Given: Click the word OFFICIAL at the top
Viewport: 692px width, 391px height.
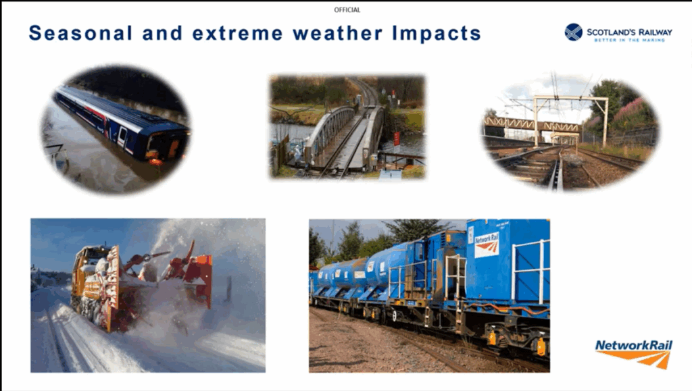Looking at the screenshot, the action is tap(347, 9).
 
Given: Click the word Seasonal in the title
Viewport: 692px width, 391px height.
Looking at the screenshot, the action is tap(80, 34).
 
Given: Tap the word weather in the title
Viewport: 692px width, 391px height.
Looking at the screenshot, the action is tap(337, 34).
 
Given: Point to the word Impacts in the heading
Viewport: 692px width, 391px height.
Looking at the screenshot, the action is tap(437, 34).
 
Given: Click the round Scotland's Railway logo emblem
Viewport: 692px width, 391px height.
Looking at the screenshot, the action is tap(573, 32).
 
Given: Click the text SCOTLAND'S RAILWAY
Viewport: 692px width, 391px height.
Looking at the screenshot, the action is tap(629, 32).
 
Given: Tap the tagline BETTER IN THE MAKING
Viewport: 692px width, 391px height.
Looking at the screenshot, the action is tap(629, 40).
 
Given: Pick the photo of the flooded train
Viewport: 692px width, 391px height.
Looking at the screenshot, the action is tap(116, 130).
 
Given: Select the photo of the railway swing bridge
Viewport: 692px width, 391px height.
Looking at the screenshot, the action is tap(347, 127).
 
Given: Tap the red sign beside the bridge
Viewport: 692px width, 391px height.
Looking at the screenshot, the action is tap(396, 139).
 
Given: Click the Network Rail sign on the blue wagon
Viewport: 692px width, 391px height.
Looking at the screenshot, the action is tap(487, 245).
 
